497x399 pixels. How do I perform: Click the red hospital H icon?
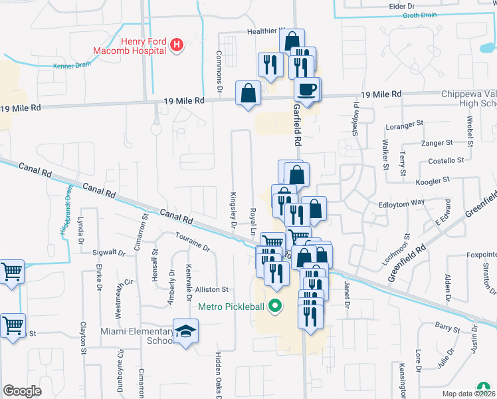click(x=177, y=45)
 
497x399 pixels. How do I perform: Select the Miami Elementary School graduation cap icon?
click(x=186, y=332)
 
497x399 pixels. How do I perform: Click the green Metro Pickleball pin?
click(x=274, y=307)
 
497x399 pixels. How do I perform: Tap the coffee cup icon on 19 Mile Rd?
click(x=307, y=88)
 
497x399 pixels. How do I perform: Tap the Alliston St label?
click(x=212, y=289)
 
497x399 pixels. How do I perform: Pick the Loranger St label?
click(x=405, y=124)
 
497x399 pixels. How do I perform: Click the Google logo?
click(x=22, y=390)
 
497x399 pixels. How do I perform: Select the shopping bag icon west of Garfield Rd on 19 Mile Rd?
click(x=248, y=94)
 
